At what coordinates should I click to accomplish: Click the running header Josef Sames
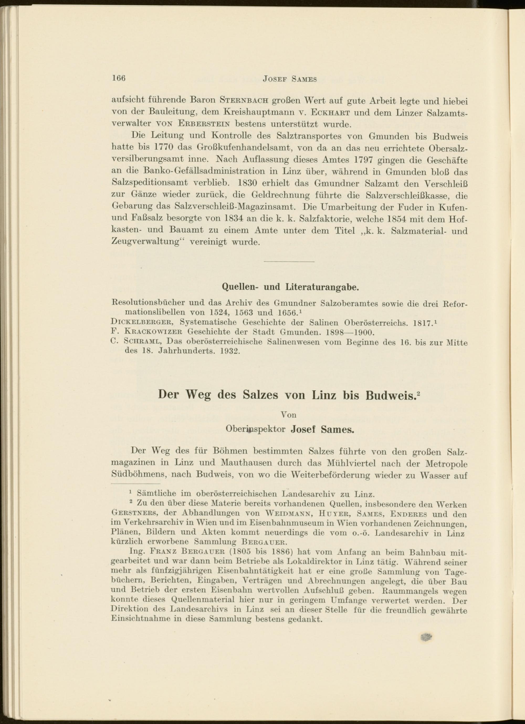pos(290,79)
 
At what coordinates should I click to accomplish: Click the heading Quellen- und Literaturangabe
pos(290,287)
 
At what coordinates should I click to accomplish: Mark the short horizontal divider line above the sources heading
pos(289,262)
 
